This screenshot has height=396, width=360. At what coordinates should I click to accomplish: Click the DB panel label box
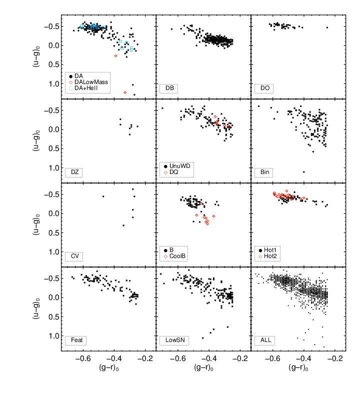[x=170, y=88]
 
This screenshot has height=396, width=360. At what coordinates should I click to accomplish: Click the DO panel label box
[x=264, y=88]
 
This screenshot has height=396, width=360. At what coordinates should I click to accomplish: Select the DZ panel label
[x=75, y=172]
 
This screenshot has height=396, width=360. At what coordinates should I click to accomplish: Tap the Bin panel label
[x=264, y=172]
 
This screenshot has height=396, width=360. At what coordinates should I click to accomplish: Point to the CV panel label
[x=75, y=256]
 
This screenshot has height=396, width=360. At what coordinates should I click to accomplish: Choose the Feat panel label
[x=76, y=340]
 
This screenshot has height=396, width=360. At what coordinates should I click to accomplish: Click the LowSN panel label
[x=174, y=340]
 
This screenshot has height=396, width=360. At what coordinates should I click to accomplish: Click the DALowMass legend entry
[x=91, y=81]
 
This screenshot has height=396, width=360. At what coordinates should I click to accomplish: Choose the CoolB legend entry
[x=178, y=256]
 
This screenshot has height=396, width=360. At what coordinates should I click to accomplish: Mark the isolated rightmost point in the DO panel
[x=327, y=27]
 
